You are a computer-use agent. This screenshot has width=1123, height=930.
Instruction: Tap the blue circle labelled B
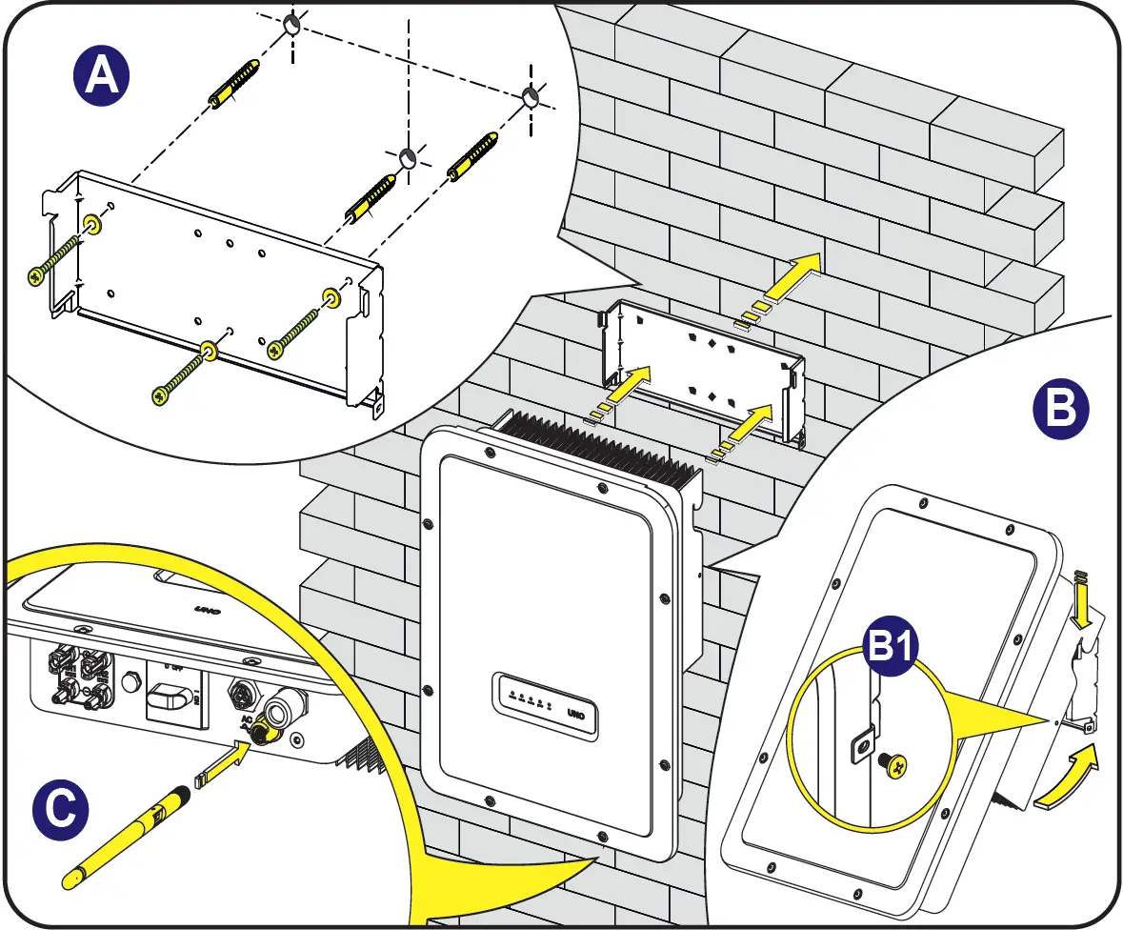pyautogui.click(x=1060, y=410)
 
